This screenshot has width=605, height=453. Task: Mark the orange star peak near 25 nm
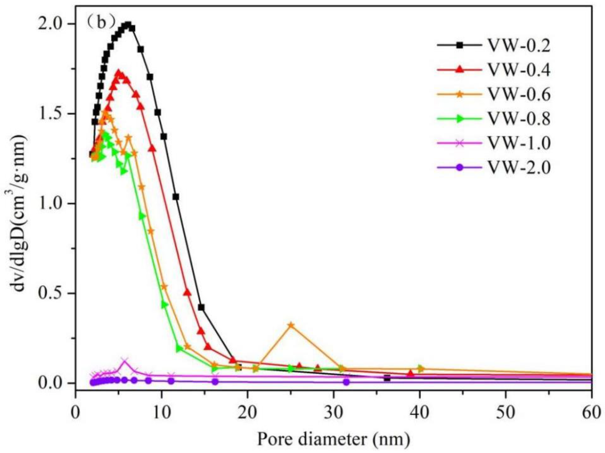click(291, 325)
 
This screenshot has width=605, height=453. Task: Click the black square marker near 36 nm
click(387, 378)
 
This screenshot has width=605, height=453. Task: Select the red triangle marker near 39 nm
click(411, 373)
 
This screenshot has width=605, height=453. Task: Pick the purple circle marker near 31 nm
click(346, 382)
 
